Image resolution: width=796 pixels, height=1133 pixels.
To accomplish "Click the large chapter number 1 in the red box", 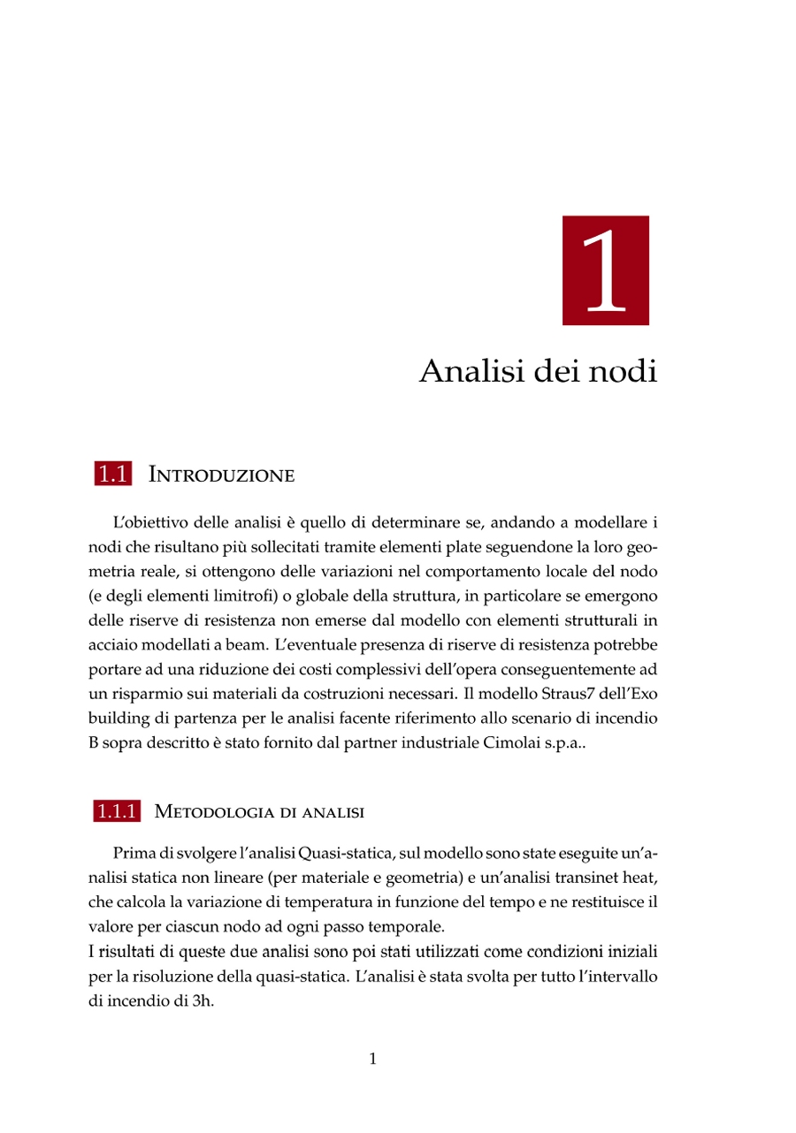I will pos(606,270).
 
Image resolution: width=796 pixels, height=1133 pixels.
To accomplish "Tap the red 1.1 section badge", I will pos(112,475).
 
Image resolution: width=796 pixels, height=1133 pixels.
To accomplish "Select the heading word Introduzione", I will pos(221,475).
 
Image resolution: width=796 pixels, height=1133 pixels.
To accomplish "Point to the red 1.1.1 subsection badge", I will pos(116,811).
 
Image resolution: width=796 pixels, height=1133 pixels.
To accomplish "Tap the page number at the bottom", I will pos(372,1059).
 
